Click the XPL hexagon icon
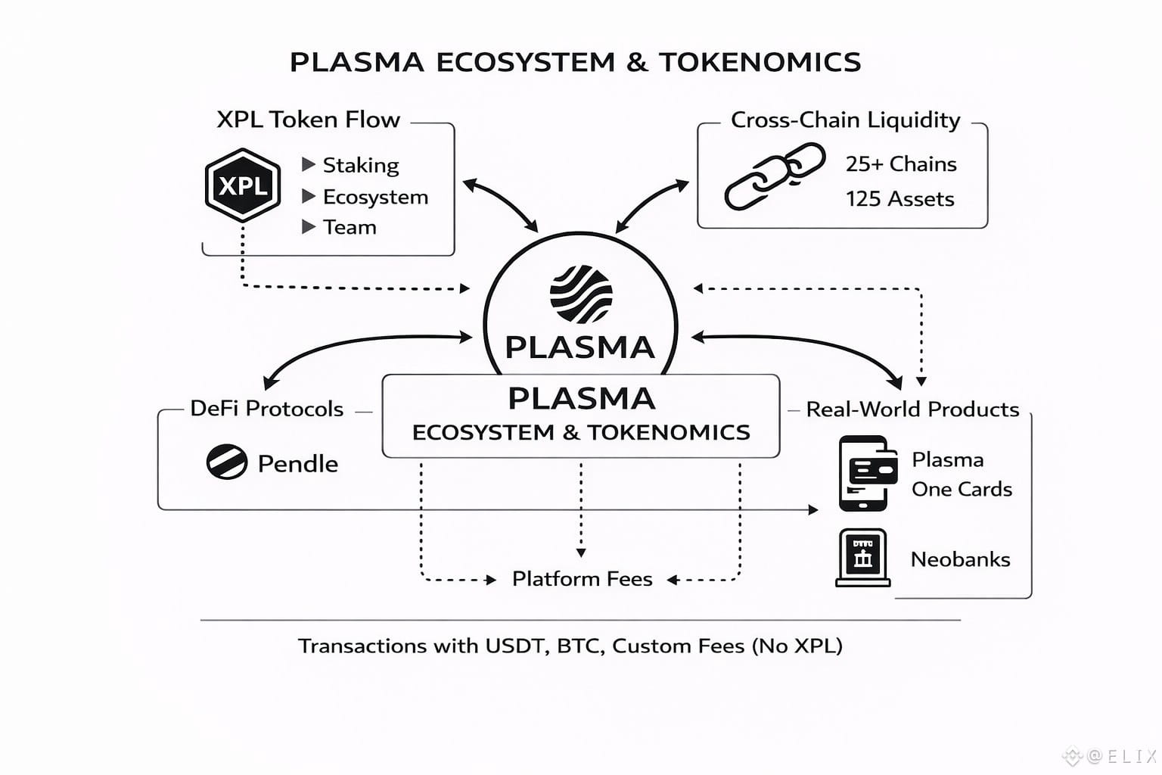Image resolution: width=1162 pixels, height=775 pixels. coord(242,185)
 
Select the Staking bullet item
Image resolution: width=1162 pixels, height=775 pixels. coord(360,165)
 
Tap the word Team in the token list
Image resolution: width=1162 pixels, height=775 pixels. coord(350,227)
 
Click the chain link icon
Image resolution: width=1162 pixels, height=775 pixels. coord(774,176)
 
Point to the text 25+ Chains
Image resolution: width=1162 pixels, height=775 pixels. coord(900,164)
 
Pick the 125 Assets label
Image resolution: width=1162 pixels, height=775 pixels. coord(899,199)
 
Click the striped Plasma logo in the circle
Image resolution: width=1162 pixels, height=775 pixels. coord(580,294)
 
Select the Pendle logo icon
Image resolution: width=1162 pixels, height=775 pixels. coord(226,462)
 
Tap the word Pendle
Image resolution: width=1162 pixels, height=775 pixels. coord(297,464)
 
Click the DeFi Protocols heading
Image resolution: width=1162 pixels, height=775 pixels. coord(266,409)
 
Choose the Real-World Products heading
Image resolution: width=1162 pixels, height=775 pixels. coord(912,409)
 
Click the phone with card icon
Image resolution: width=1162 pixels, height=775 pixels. coord(867,473)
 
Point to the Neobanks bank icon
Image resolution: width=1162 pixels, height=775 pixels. coord(862,558)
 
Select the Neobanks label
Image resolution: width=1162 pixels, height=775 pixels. coord(960,559)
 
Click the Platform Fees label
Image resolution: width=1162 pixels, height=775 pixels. coord(582,579)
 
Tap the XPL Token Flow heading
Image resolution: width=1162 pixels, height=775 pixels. coord(308,120)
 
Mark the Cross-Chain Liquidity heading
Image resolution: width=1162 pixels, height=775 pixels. coord(845,120)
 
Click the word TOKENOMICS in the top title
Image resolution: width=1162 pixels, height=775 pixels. coord(760,62)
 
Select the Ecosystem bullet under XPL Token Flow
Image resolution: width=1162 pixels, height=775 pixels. coord(375,197)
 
